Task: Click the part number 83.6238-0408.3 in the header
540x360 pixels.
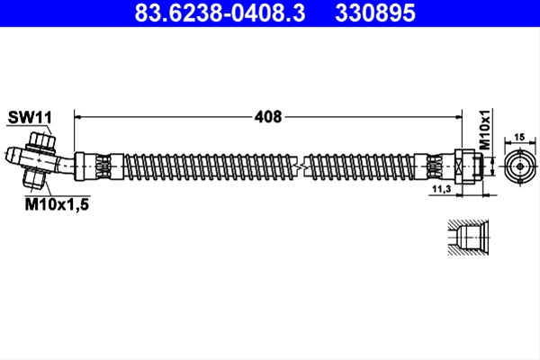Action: tap(220, 13)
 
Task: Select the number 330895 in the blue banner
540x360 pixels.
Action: tap(375, 13)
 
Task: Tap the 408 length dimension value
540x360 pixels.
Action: tap(268, 117)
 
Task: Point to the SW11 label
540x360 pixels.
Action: tap(30, 117)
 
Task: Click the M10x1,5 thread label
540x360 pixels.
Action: tap(57, 204)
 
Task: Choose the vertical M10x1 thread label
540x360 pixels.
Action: tap(485, 130)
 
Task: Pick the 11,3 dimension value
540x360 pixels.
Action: tap(442, 189)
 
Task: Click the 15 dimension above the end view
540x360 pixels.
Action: tap(519, 137)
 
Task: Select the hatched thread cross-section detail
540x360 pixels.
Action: tap(468, 238)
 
